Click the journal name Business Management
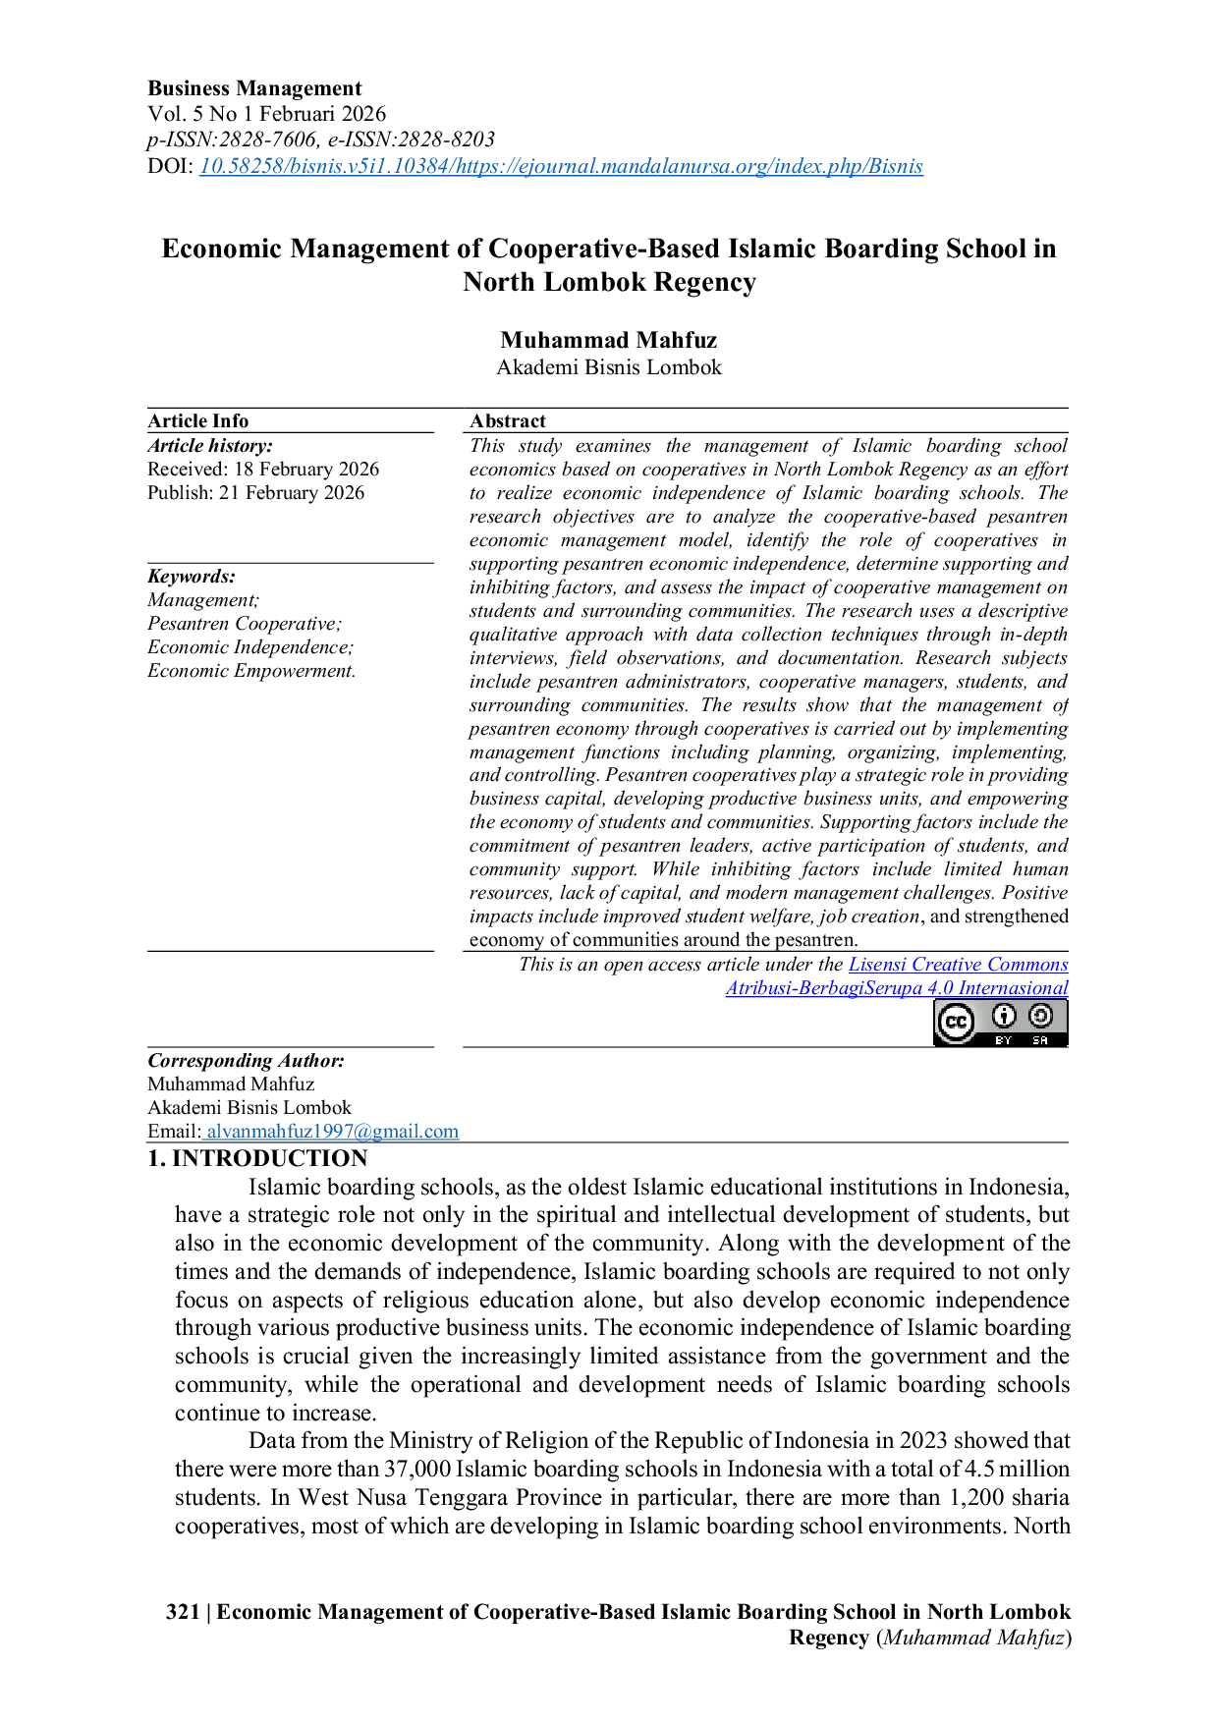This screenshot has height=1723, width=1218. (254, 88)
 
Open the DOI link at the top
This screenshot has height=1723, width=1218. (561, 166)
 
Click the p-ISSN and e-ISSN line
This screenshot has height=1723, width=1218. (321, 139)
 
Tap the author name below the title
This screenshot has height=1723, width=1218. (609, 340)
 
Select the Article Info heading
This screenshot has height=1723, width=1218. (198, 420)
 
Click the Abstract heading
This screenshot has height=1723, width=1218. (508, 420)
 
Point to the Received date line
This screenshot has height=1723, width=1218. (263, 470)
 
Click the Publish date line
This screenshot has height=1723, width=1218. (255, 493)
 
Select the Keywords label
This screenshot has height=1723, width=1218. (192, 577)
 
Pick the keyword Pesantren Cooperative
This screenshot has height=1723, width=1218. (245, 624)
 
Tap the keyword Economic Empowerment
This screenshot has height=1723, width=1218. (251, 671)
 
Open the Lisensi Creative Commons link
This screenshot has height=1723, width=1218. (959, 965)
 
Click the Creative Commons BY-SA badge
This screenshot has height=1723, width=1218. (1000, 1023)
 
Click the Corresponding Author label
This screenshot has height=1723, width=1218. (246, 1061)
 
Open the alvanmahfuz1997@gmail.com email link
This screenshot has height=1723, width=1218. (332, 1132)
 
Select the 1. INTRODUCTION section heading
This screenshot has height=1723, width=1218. (257, 1158)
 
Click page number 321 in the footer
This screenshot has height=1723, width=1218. (183, 1612)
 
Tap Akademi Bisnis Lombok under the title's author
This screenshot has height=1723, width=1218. (609, 367)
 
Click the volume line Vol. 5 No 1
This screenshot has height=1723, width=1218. (267, 114)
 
